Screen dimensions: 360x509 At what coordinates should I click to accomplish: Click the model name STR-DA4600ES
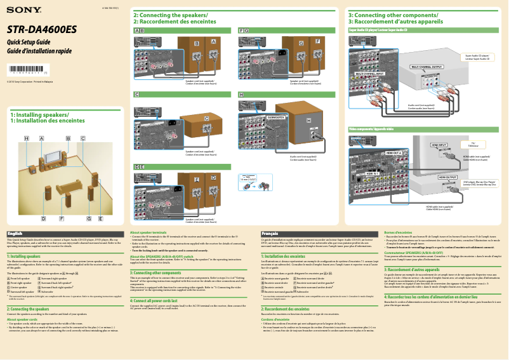point(42,30)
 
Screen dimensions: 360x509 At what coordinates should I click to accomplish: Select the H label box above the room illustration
point(27,138)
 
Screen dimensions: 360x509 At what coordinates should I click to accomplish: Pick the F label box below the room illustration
point(62,218)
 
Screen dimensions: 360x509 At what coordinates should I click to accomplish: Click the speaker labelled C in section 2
point(206,119)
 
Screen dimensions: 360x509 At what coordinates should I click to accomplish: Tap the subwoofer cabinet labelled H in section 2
point(309,120)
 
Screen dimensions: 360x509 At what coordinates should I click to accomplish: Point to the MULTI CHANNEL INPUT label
point(369,74)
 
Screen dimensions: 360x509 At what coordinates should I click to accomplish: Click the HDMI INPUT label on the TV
point(439,145)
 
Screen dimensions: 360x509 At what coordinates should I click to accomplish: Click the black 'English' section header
point(15,234)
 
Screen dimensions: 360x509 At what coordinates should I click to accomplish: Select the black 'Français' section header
point(269,234)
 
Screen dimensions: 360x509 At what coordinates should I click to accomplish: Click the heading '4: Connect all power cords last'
point(159,299)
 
